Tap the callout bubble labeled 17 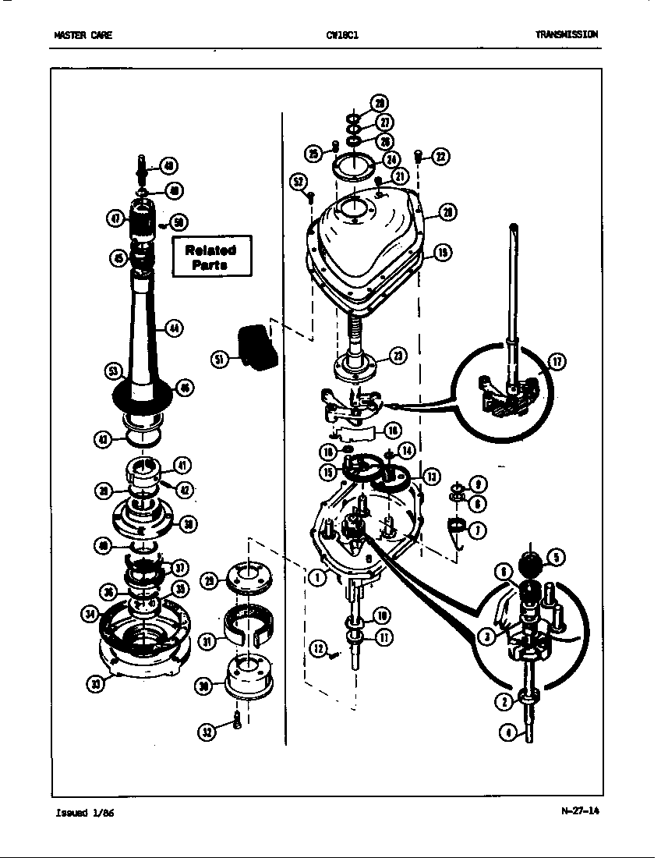[x=558, y=360]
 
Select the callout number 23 [x=398, y=356]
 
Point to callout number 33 [x=95, y=684]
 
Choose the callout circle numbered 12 [x=317, y=647]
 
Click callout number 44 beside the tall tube [x=174, y=328]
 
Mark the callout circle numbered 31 [x=207, y=641]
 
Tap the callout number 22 [x=440, y=157]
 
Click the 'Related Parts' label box [x=211, y=257]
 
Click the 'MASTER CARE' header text [x=77, y=34]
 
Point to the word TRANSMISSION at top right [x=567, y=34]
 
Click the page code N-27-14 [x=581, y=810]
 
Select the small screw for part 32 [x=236, y=721]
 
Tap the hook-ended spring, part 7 [x=455, y=530]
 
